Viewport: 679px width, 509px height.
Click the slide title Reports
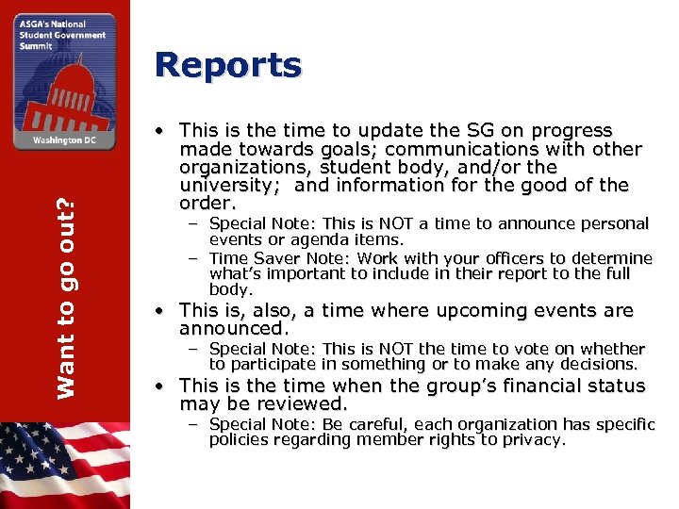click(x=228, y=66)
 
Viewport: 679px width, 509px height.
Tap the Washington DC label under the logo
click(x=64, y=138)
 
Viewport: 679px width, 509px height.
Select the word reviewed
click(x=300, y=403)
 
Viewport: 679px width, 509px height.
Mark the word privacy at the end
click(x=532, y=439)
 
